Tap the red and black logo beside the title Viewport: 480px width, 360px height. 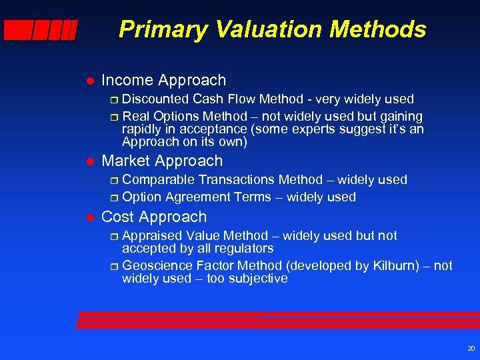(40, 30)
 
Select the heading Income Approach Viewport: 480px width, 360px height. (163, 81)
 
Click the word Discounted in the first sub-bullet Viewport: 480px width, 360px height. (155, 99)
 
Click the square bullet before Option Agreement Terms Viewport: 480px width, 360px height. (113, 198)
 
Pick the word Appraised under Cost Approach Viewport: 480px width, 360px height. (153, 236)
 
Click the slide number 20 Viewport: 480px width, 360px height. (471, 349)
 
